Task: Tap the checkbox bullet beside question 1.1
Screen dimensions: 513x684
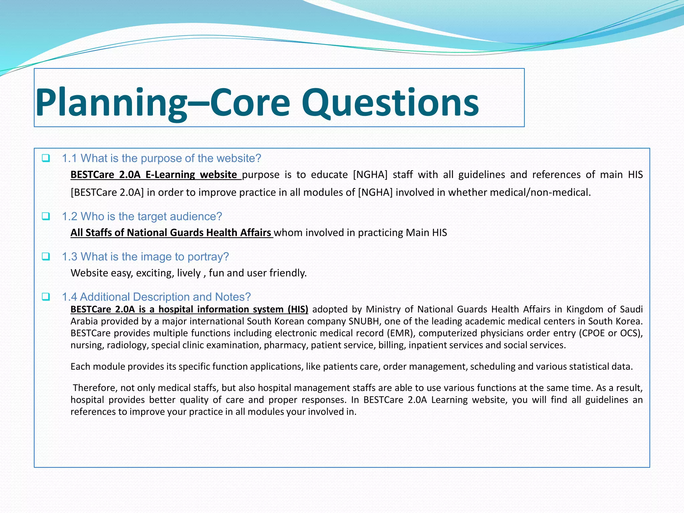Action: (46, 158)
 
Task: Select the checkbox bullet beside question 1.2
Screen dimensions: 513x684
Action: (46, 216)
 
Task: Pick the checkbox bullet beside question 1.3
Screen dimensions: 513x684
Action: (46, 256)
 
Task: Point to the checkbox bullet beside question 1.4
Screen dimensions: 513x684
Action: (46, 297)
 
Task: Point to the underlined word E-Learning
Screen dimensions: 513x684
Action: (170, 175)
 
